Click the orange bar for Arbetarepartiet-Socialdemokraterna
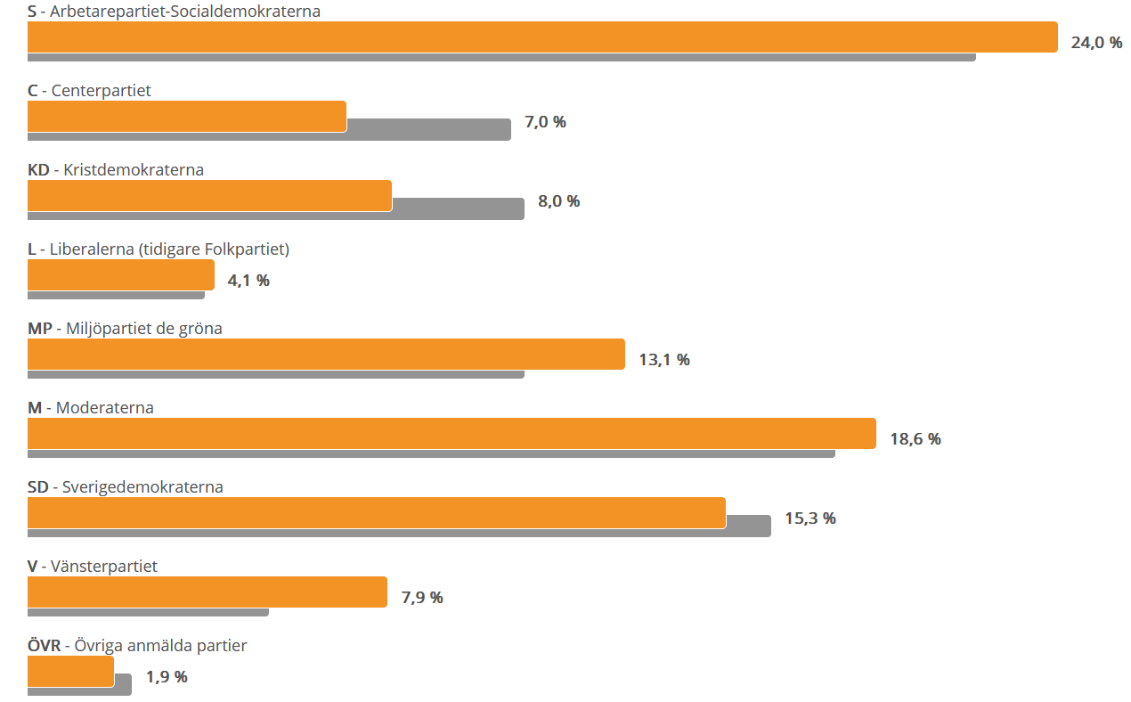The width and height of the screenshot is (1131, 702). click(542, 37)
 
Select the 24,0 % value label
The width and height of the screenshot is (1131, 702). click(1096, 43)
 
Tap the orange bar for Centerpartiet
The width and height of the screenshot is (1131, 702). click(187, 117)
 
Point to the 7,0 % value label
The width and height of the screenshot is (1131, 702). click(545, 122)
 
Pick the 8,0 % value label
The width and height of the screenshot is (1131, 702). click(558, 201)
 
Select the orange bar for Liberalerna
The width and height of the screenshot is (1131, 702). click(121, 275)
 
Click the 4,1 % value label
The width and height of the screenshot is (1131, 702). click(248, 281)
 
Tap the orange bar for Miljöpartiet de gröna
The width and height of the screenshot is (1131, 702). click(326, 355)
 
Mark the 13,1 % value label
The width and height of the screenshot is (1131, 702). click(664, 360)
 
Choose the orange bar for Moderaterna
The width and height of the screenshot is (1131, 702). click(452, 434)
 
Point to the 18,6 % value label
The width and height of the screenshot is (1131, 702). click(915, 439)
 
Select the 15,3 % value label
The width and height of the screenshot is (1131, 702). click(810, 518)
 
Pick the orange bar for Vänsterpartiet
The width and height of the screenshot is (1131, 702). click(207, 592)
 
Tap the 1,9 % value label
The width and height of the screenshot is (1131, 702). click(167, 677)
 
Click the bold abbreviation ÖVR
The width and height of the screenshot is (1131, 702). click(45, 646)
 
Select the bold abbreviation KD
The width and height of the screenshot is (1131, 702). click(38, 170)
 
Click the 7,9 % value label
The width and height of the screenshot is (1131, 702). click(422, 598)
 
